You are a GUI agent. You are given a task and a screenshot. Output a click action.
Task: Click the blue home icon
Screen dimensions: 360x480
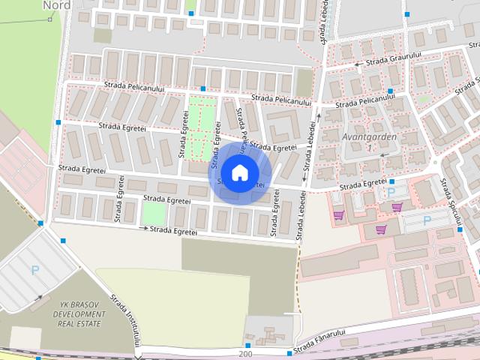pos(238,172)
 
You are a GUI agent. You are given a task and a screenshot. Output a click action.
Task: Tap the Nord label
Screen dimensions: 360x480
pos(57,5)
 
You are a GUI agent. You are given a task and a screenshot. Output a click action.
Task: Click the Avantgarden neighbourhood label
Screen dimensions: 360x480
pos(367,137)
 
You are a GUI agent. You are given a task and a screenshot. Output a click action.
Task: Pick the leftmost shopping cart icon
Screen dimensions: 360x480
pos(339,215)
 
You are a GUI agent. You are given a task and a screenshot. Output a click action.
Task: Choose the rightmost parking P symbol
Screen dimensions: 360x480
pos(427,220)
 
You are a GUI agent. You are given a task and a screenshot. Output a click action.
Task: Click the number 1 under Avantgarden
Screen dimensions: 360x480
pos(368,148)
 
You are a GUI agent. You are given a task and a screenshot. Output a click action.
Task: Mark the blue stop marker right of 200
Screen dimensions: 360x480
pos(289,353)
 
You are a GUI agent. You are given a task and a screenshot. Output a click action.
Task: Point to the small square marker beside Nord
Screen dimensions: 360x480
pos(50,19)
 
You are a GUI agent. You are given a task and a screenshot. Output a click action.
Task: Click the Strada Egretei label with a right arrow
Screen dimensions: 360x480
pos(172,229)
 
